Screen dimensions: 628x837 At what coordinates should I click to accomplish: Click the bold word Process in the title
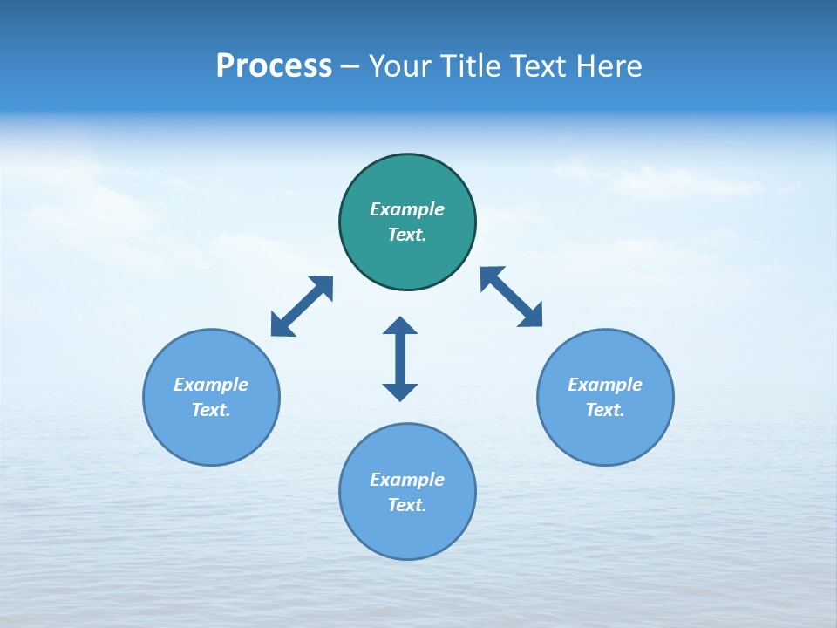pos(274,66)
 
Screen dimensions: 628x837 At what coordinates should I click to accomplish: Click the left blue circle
pos(211,436)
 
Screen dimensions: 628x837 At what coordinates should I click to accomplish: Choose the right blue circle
pos(605,436)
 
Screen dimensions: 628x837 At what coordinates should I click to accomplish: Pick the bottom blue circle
pos(407,532)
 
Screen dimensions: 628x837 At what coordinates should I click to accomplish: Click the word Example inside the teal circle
pos(407,209)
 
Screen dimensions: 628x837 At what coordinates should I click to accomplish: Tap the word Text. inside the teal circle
pos(407,235)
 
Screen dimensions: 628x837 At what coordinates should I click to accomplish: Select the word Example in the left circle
pos(211,385)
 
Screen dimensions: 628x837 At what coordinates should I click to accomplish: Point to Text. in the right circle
pos(605,410)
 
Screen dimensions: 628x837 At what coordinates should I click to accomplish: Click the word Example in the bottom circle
pos(407,480)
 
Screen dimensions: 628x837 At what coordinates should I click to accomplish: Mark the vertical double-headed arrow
pos(400,358)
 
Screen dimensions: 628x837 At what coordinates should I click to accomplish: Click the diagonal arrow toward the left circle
pos(302,306)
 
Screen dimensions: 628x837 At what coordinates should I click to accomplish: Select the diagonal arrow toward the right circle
pos(511,297)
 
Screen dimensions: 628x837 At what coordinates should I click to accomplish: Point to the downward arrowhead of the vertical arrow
pos(400,392)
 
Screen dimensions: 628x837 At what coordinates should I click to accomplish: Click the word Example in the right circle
pos(605,385)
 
